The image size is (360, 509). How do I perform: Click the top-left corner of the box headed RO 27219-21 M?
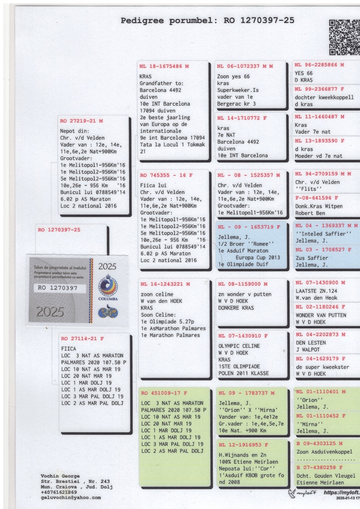pyautogui.click(x=58, y=116)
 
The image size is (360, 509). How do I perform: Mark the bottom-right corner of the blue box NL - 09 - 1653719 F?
pyautogui.click(x=287, y=269)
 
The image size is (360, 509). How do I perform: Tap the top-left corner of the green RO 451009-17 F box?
pyautogui.click(x=139, y=387)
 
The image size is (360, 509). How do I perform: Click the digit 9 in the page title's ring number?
pyautogui.click(x=271, y=20)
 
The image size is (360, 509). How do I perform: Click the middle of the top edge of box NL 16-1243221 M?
pyautogui.click(x=174, y=279)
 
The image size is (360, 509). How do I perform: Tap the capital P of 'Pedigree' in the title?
pyautogui.click(x=123, y=21)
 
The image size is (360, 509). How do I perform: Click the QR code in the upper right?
pyautogui.click(x=345, y=37)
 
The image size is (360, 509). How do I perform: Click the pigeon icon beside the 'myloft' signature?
pyautogui.click(x=292, y=493)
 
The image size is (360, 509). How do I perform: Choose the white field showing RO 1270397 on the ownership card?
pyautogui.click(x=60, y=288)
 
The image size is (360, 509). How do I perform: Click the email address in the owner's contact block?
pyautogui.click(x=71, y=498)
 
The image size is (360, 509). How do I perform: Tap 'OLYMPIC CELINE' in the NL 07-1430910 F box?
pyautogui.click(x=239, y=346)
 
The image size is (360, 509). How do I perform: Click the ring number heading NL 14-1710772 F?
pyautogui.click(x=242, y=118)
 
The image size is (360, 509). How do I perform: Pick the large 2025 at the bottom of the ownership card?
pyautogui.click(x=50, y=312)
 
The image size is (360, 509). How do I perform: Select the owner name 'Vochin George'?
pyautogui.click(x=60, y=476)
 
